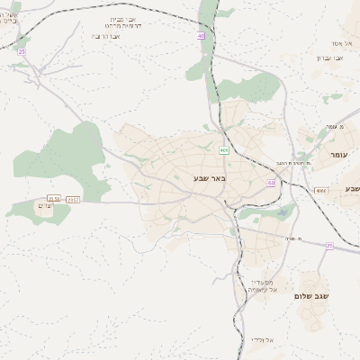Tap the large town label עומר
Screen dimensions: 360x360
pos(338,155)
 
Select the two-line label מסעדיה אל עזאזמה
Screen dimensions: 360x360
pos(266,285)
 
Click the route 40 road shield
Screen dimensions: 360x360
pos(200,35)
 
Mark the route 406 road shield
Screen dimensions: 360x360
pos(223,150)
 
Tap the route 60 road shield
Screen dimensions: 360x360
pos(271,183)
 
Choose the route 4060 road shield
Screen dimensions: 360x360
pos(321,191)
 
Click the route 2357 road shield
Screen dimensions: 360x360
pos(73,199)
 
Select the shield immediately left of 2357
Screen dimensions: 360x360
pos(54,199)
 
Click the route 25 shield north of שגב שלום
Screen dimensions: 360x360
pos(329,246)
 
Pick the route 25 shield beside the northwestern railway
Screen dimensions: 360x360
pos(21,52)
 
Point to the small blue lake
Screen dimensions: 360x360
pos(285,212)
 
